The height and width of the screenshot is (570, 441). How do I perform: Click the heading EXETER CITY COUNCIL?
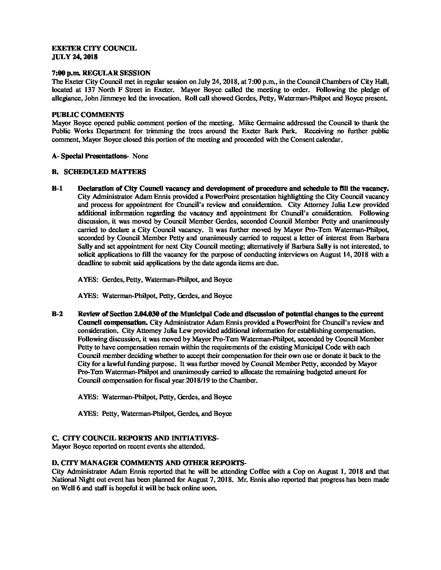point(94,49)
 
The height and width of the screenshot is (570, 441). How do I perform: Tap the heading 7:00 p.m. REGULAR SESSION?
point(101,73)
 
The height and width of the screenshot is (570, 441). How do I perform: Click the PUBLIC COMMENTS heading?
point(88,115)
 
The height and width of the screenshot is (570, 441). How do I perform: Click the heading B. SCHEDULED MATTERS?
point(99,172)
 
